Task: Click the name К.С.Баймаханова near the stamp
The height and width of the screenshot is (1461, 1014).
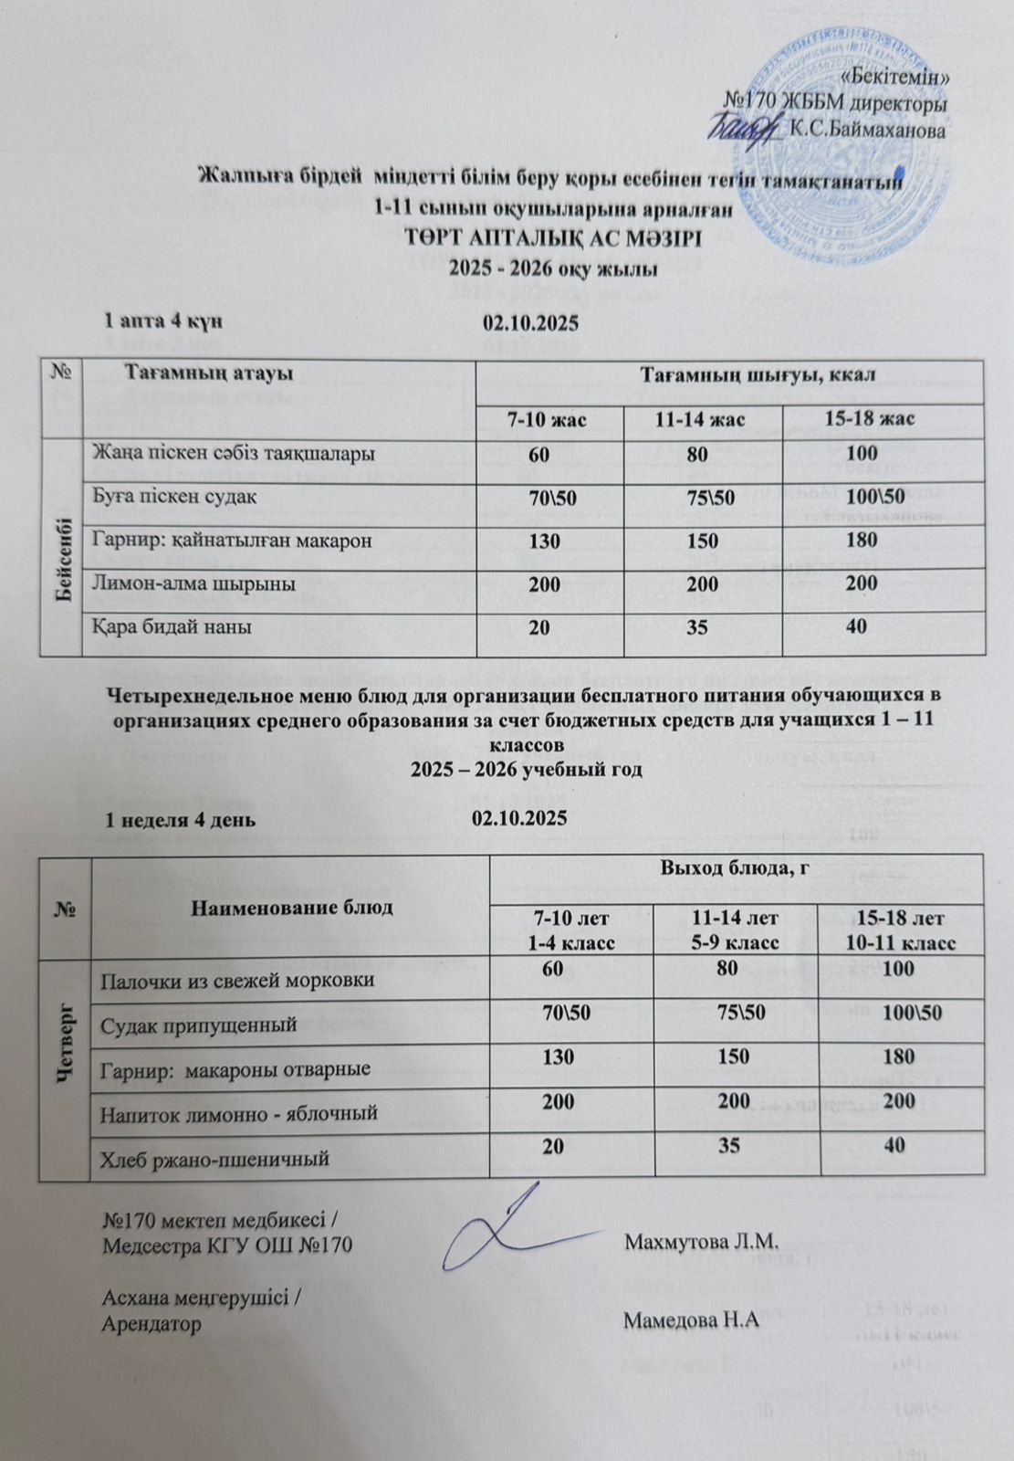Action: click(867, 131)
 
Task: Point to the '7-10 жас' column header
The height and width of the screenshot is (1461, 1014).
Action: click(548, 419)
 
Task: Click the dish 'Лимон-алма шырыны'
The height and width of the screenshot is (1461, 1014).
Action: click(194, 583)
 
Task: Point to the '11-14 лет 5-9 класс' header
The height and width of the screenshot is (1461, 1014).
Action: click(736, 930)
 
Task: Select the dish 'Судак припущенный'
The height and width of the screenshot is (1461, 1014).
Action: click(199, 1025)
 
